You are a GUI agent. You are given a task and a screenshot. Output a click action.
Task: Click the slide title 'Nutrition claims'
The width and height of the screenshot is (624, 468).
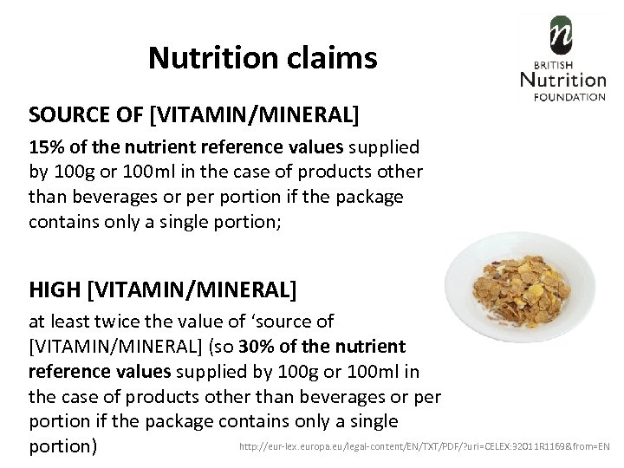pos(263,58)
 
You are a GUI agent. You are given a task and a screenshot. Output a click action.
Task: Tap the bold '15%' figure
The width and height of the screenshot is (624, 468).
pos(47,146)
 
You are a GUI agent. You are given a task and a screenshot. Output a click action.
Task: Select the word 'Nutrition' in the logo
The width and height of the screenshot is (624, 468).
pos(563,81)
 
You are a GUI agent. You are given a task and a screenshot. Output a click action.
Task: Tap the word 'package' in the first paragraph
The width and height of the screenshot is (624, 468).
pos(372,197)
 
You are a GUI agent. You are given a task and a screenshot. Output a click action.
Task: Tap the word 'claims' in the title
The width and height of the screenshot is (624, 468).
pos(335,58)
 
